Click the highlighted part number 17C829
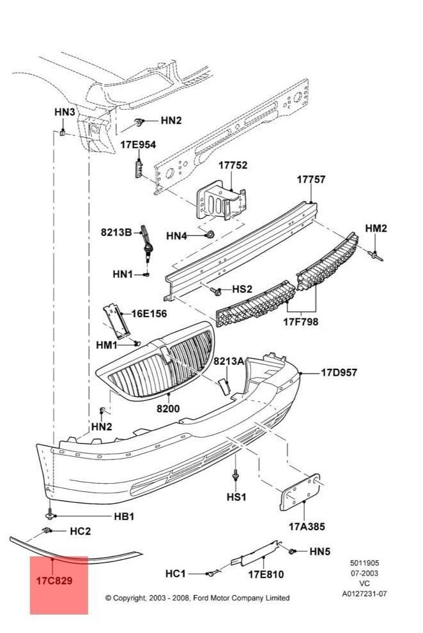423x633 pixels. pyautogui.click(x=54, y=581)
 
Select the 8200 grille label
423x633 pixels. pyautogui.click(x=169, y=409)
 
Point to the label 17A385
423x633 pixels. pyautogui.click(x=306, y=526)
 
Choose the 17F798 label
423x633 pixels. pyautogui.click(x=301, y=322)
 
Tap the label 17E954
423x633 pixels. pyautogui.click(x=138, y=145)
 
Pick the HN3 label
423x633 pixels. pyautogui.click(x=65, y=112)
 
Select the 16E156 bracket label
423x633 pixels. pyautogui.click(x=149, y=313)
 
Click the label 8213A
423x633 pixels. pyautogui.click(x=229, y=361)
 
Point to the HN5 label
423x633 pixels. pyautogui.click(x=321, y=551)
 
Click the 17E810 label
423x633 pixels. pyautogui.click(x=266, y=574)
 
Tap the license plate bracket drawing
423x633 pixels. pyautogui.click(x=302, y=491)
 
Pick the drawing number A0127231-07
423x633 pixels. pyautogui.click(x=364, y=593)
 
